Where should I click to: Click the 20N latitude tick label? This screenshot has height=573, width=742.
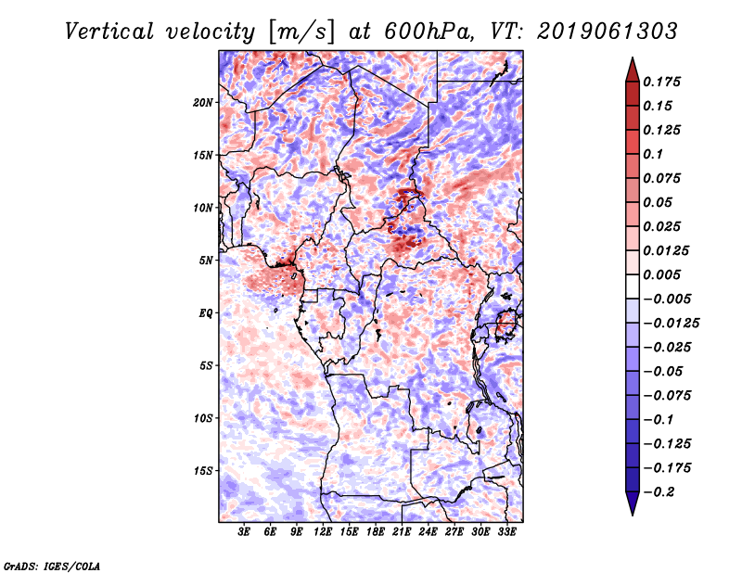point(204,102)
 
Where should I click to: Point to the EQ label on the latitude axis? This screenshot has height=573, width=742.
point(206,312)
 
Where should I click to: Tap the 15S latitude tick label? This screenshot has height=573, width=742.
point(204,470)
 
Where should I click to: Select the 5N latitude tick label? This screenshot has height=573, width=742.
point(207,260)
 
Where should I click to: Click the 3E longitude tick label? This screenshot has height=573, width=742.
point(245,532)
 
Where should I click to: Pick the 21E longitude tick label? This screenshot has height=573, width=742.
point(402,532)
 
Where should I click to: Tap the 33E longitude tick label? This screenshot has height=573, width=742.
point(506,532)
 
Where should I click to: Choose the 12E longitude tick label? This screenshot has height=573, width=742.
point(323,532)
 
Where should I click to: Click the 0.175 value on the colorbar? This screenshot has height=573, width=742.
point(664,82)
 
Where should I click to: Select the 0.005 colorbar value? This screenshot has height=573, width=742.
point(664,274)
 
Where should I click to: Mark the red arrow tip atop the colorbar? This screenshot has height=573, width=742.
point(632,61)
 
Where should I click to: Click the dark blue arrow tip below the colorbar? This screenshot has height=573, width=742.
point(632,511)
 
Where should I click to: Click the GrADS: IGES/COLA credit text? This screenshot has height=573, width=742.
point(52,565)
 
